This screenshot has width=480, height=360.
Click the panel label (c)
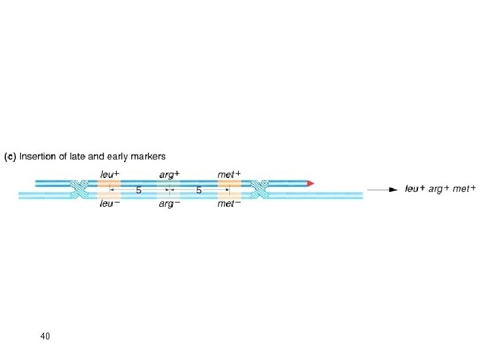click(x=11, y=157)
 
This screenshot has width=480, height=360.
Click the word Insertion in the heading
click(x=38, y=157)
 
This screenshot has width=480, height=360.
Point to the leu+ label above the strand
click(x=109, y=175)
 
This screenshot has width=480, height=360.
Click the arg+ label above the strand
click(x=169, y=175)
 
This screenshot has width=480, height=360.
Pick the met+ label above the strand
click(x=229, y=175)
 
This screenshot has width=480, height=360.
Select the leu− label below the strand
click(x=109, y=204)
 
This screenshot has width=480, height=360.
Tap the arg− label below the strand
click(x=169, y=204)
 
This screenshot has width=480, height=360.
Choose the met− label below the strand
click(x=229, y=204)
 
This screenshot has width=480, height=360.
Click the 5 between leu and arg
click(x=139, y=191)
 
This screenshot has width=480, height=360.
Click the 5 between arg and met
click(x=199, y=191)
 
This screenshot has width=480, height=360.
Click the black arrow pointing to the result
click(x=384, y=189)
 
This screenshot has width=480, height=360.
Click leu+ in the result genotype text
click(x=415, y=189)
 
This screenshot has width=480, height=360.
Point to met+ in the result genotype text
click(x=464, y=189)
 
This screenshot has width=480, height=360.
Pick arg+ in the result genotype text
click(x=439, y=189)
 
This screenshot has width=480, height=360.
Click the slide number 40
click(x=45, y=335)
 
